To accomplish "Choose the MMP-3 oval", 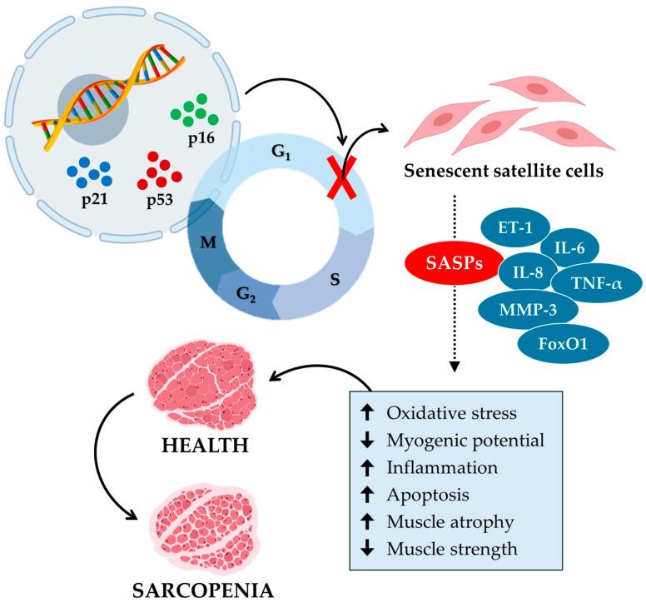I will pyautogui.click(x=515, y=310).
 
